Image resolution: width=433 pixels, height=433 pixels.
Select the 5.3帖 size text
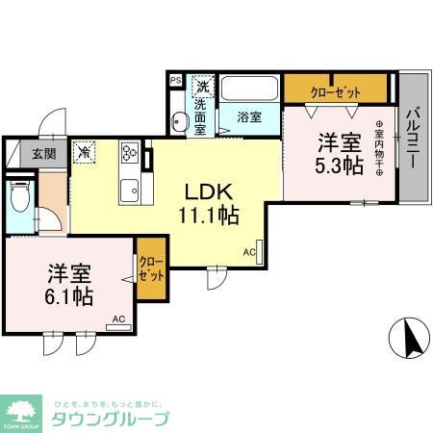[x=340, y=166]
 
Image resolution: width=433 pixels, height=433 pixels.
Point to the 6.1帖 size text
[x=68, y=296]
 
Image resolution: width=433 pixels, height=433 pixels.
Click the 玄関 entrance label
[x=43, y=152]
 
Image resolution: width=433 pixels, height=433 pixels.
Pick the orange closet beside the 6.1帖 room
[x=150, y=269]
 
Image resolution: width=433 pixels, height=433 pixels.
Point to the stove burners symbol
[x=130, y=154]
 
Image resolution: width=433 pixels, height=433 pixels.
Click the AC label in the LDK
[x=249, y=252]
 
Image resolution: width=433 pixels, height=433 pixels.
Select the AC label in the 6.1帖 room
[x=117, y=318]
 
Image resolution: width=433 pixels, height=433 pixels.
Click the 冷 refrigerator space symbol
[x=86, y=151]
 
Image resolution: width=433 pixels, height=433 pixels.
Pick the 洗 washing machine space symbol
[x=203, y=84]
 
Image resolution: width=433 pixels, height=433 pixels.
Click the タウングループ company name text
[x=109, y=419]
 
